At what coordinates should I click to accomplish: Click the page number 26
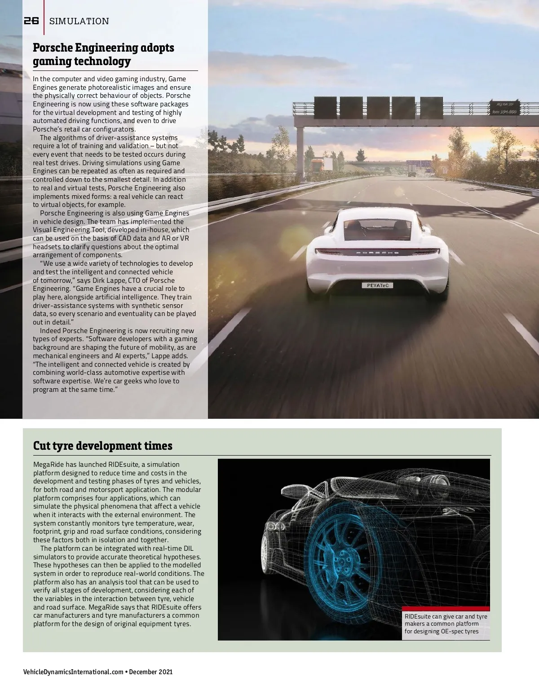(x=31, y=21)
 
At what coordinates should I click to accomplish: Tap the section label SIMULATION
(x=79, y=21)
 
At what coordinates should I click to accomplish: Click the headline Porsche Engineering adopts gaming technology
(x=103, y=54)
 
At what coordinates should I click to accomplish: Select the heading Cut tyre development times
(x=103, y=446)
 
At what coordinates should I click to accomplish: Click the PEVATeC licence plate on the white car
(x=377, y=285)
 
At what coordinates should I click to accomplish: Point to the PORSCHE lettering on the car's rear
(x=377, y=253)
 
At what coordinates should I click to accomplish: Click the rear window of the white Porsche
(x=377, y=229)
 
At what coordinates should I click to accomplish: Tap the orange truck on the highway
(x=318, y=164)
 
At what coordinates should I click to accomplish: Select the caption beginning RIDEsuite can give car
(x=446, y=624)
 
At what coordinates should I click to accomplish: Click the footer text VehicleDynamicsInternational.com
(x=73, y=672)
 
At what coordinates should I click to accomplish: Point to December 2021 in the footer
(x=151, y=672)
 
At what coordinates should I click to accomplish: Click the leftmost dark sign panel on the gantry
(x=326, y=108)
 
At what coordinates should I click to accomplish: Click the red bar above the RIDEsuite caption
(x=446, y=608)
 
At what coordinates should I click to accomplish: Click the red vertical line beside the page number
(x=44, y=18)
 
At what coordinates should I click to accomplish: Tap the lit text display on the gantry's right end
(x=504, y=107)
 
